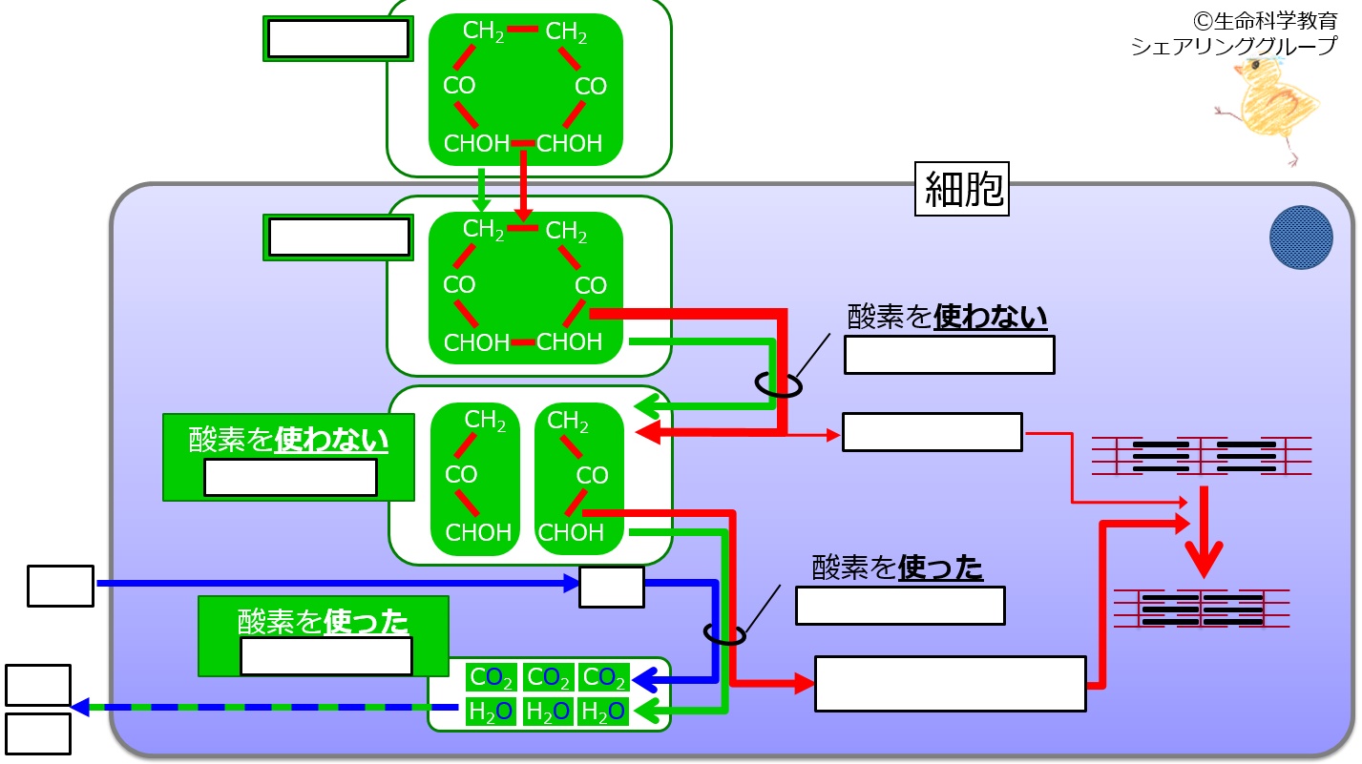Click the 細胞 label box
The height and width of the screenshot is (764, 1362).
[963, 189]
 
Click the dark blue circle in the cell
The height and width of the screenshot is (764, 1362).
[1301, 237]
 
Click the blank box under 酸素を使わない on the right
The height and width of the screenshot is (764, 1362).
[949, 355]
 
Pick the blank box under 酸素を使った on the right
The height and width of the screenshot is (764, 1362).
[900, 606]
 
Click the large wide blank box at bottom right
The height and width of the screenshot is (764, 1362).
[950, 683]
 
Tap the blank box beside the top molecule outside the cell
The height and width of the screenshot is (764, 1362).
[338, 39]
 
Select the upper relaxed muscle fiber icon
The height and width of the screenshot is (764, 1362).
[1201, 457]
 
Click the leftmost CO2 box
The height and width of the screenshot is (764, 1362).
[493, 677]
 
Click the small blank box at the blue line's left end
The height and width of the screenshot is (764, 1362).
[60, 586]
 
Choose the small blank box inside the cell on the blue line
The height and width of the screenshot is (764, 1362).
[611, 587]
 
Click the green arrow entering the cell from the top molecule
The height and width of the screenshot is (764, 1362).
[482, 190]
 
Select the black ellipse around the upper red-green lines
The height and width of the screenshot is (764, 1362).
[778, 383]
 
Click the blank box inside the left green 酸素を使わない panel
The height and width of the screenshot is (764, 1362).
[290, 478]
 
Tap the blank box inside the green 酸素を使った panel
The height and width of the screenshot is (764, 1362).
[325, 656]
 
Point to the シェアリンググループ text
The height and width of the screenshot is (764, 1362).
[1234, 46]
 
